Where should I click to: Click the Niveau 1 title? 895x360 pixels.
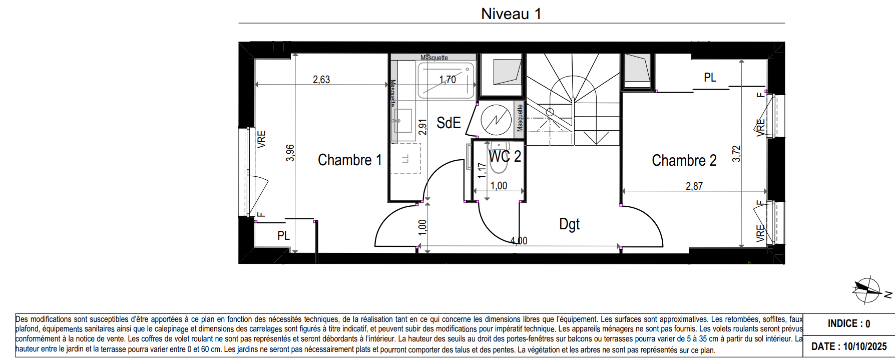(x=511, y=14)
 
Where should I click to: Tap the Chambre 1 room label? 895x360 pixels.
(x=350, y=160)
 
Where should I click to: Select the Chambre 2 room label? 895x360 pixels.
(x=684, y=161)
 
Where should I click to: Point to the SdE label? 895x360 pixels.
(x=449, y=123)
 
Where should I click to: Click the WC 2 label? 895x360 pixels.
(x=505, y=157)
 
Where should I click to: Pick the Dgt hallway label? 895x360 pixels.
(x=569, y=224)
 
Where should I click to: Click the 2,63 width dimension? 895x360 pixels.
(x=321, y=80)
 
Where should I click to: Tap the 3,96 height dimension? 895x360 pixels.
(x=290, y=153)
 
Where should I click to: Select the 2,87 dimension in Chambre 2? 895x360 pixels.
(x=694, y=186)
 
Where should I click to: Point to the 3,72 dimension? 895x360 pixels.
(x=736, y=153)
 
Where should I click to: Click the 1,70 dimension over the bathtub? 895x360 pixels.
(x=447, y=80)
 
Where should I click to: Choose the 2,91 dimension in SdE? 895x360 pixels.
(x=423, y=127)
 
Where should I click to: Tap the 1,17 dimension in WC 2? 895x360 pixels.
(x=482, y=170)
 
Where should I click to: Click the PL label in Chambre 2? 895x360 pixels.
(x=710, y=78)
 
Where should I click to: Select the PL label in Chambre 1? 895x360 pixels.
(x=283, y=236)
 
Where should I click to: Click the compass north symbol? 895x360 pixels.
(x=868, y=289)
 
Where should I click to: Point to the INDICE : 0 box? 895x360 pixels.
(x=849, y=324)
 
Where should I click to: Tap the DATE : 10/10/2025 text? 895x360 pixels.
(x=849, y=346)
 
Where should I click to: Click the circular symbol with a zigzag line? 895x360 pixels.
(x=496, y=120)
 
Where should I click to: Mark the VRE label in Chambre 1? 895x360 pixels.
(x=262, y=139)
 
